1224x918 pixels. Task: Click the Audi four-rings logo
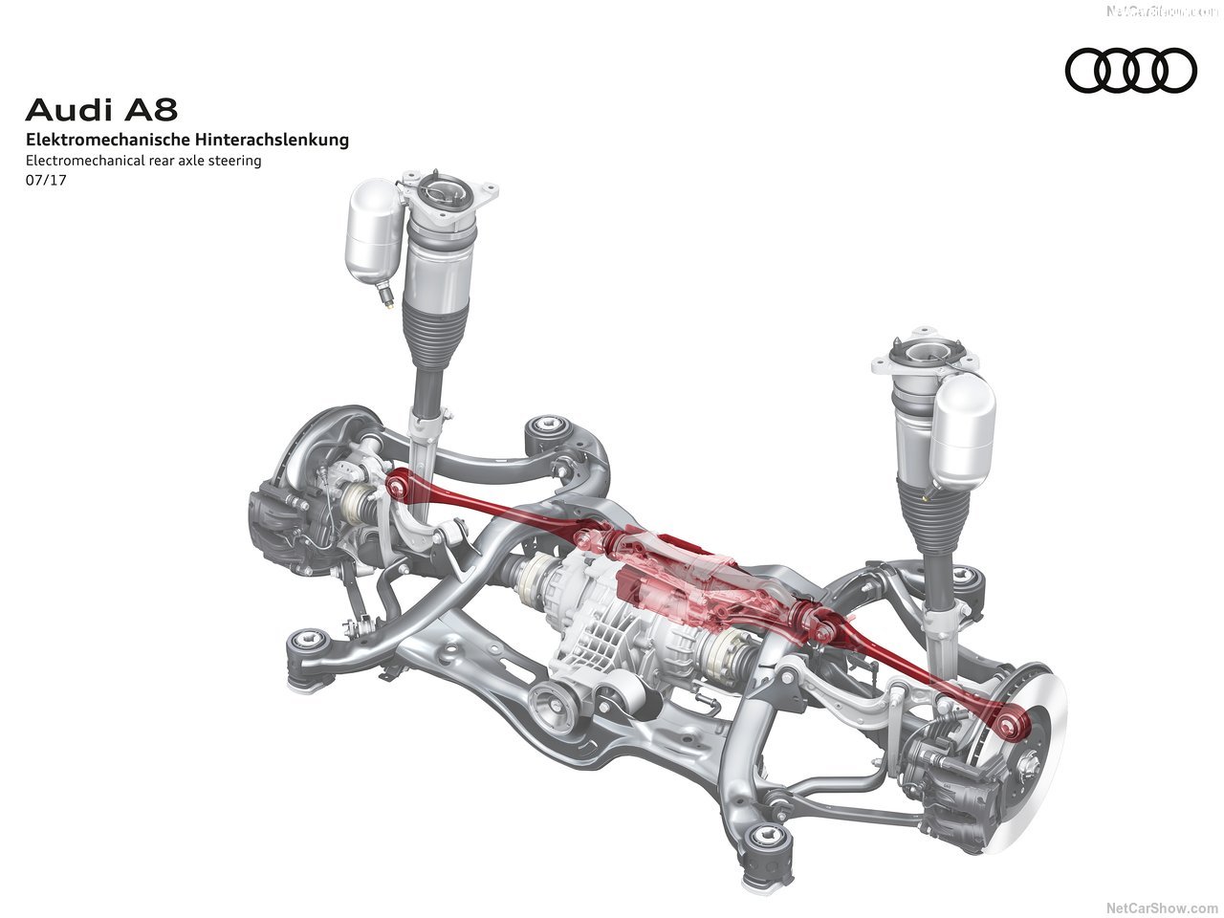pos(1131,72)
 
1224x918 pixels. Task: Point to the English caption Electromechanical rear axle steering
pos(143,161)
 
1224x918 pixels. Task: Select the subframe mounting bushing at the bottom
pos(765,838)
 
